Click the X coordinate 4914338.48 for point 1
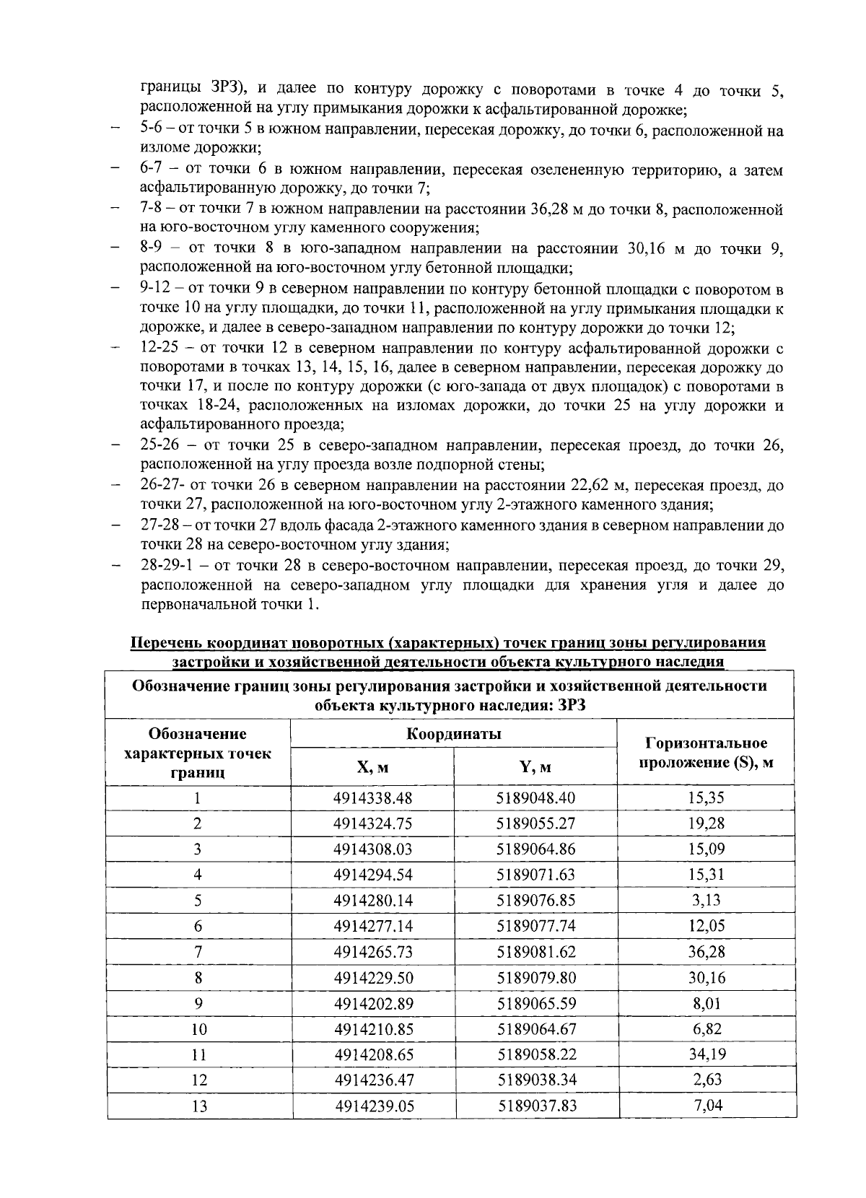pos(372,798)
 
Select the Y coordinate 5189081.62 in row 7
pos(535,952)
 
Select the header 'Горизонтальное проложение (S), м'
pos(705,752)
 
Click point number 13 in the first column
pos(198,1106)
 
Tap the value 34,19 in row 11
pos(705,1054)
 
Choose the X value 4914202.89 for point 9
pos(372,1003)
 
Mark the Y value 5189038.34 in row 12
pos(535,1080)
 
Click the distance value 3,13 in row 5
pos(705,901)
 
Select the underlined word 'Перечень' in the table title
pos(165,643)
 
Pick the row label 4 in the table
pos(198,875)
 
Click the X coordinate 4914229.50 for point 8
pos(372,978)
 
